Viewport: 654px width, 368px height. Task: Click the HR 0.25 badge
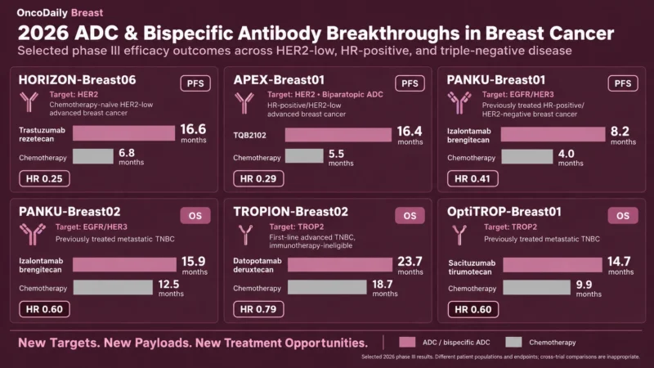click(44, 178)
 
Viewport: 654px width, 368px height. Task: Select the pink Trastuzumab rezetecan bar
click(124, 133)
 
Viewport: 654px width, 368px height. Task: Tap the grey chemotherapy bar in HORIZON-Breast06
click(93, 156)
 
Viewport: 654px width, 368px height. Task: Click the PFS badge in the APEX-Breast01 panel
click(410, 83)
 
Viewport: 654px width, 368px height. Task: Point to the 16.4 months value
click(410, 135)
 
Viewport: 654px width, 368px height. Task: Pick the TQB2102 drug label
click(249, 135)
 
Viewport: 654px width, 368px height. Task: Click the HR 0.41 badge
click(473, 178)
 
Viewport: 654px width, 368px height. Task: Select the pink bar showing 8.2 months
click(553, 134)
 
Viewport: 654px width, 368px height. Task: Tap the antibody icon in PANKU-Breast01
click(459, 103)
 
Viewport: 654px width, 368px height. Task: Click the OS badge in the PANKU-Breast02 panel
click(195, 216)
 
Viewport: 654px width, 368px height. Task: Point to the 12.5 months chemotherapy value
click(171, 288)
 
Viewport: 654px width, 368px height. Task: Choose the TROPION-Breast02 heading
click(290, 212)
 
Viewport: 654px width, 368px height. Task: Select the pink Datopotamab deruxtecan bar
click(340, 264)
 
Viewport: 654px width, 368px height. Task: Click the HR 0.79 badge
click(258, 309)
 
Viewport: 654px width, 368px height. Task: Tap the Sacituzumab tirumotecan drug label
click(472, 267)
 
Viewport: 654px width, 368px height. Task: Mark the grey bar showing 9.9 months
click(536, 288)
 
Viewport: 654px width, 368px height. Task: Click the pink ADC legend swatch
click(407, 342)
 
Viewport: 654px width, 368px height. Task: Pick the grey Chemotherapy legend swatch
click(513, 342)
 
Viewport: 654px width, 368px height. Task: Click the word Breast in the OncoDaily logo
click(87, 12)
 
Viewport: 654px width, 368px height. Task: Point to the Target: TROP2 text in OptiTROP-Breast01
click(510, 227)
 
